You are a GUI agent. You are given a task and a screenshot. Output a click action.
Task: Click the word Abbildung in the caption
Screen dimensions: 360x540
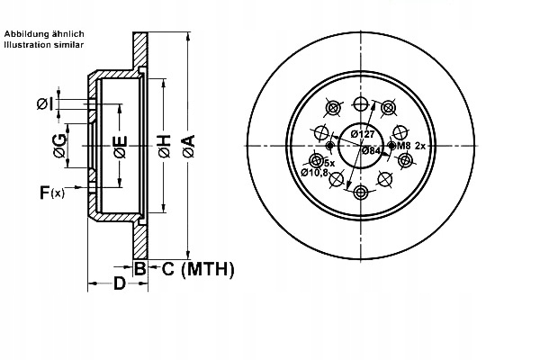click(23, 33)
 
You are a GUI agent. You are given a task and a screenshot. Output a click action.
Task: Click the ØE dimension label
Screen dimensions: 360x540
click(121, 148)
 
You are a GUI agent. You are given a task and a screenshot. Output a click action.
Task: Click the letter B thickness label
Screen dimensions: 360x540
click(139, 268)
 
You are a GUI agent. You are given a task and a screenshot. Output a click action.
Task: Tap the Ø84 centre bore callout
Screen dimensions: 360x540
click(371, 150)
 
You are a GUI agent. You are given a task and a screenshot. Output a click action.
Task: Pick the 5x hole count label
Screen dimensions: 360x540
click(329, 162)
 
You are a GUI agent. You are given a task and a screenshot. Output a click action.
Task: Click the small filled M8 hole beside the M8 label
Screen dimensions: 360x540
click(390, 145)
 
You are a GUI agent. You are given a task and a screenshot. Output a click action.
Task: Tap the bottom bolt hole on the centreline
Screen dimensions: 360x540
click(360, 193)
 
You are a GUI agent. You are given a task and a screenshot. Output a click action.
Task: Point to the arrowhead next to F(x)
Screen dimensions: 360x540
click(83, 188)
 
